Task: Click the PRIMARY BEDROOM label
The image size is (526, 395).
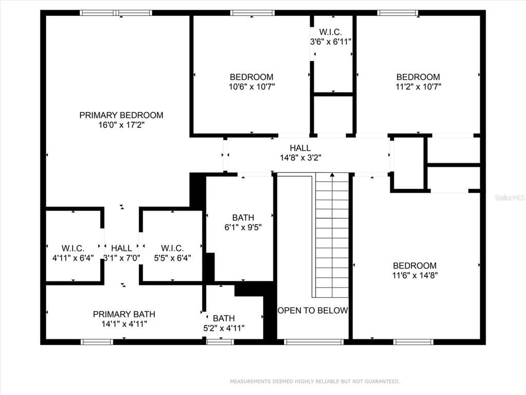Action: coord(121,115)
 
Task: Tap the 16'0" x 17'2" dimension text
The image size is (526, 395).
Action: coord(121,125)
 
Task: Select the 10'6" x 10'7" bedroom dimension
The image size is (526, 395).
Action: coord(252,86)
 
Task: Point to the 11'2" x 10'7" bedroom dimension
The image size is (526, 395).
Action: coord(418,86)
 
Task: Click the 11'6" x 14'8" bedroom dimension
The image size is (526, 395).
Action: coord(415,276)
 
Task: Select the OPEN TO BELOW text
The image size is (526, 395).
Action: coord(313,310)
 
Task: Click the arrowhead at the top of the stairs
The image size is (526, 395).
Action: coord(332,175)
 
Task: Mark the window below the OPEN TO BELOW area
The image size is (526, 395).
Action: coord(314,342)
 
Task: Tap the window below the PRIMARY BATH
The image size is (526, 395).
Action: coord(97,342)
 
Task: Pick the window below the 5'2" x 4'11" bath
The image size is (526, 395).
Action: coord(220,342)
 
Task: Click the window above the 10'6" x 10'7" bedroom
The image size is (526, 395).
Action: coord(252,13)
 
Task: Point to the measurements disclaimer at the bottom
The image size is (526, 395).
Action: coord(315,381)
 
